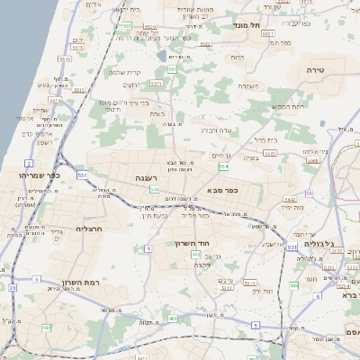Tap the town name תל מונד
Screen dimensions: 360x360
point(245,26)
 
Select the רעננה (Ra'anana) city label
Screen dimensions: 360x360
point(148,178)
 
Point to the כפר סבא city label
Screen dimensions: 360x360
point(222,190)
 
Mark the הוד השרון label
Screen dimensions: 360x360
point(192,244)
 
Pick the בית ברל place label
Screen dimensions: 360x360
point(265,140)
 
